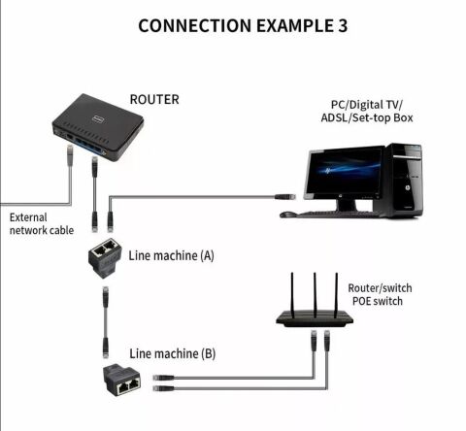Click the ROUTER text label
[x=154, y=99]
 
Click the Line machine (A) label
[x=171, y=256]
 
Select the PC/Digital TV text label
[x=371, y=106]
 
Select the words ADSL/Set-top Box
[x=371, y=120]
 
